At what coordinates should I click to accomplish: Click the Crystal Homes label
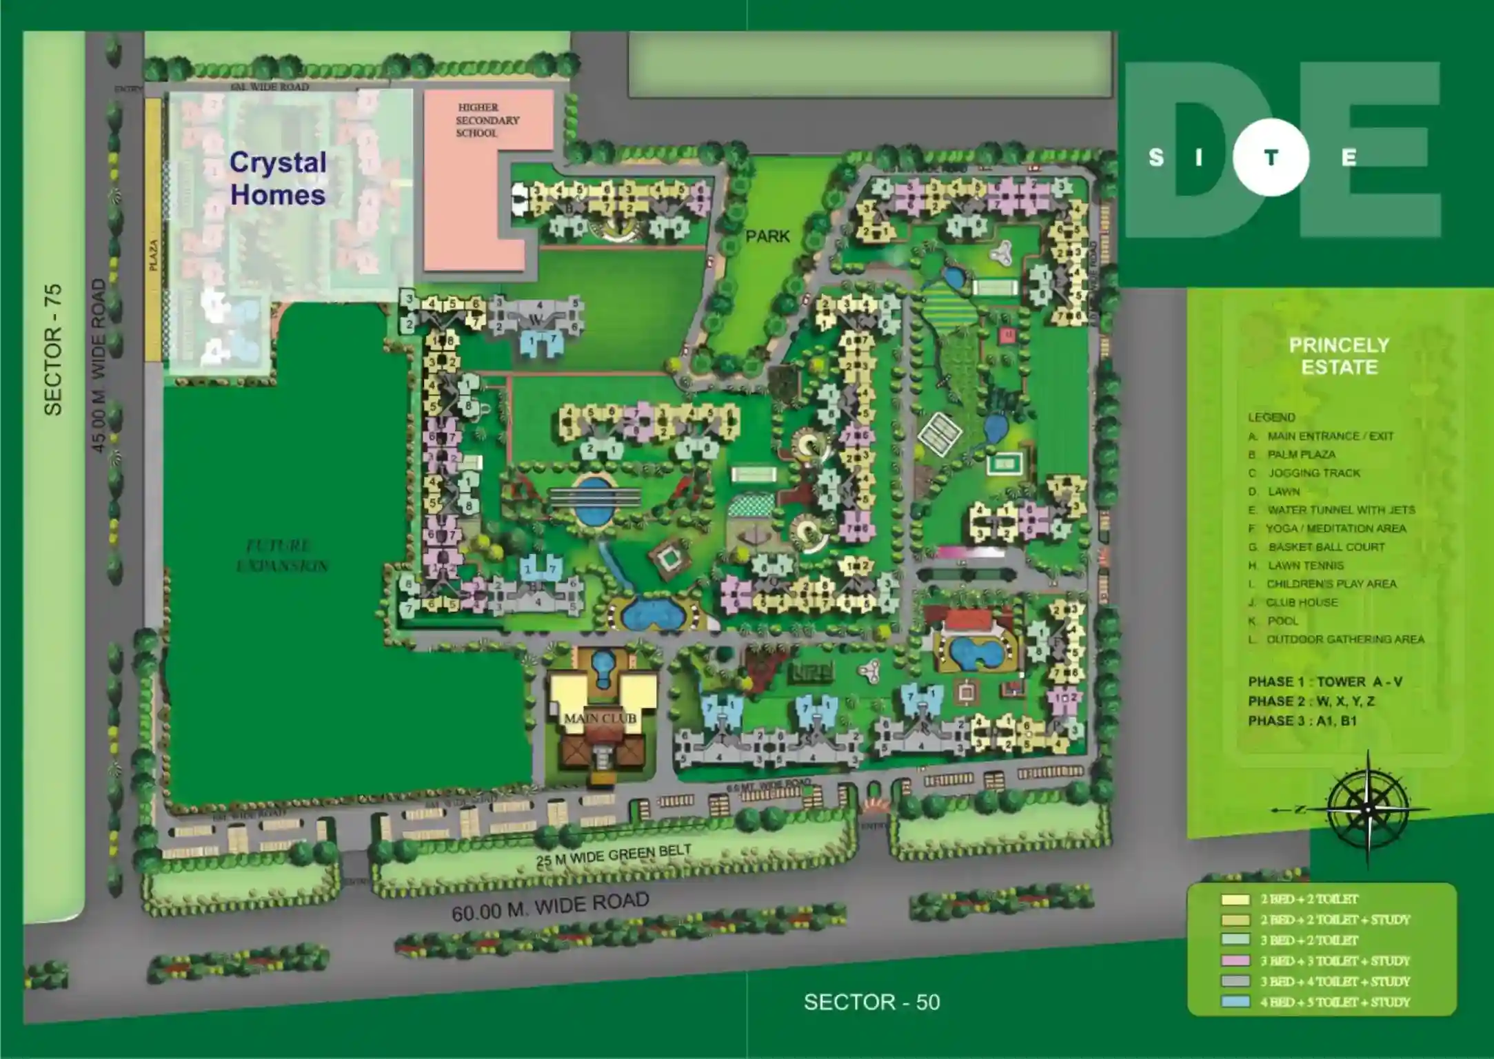(x=278, y=178)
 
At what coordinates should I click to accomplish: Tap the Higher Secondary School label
(x=487, y=120)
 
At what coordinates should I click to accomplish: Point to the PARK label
(x=767, y=236)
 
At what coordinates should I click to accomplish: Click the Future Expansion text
(x=282, y=556)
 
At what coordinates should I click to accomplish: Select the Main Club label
(x=600, y=718)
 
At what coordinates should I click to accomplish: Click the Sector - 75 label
(x=53, y=349)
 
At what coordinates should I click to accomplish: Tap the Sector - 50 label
(x=871, y=1002)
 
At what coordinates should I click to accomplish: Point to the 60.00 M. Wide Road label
(x=550, y=906)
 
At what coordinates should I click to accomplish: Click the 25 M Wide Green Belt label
(x=614, y=855)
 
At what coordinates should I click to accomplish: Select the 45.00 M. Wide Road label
(x=99, y=365)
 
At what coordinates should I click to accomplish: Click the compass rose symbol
(x=1368, y=808)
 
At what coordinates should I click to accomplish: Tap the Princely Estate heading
(x=1339, y=356)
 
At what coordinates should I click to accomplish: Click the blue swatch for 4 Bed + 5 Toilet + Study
(x=1235, y=1002)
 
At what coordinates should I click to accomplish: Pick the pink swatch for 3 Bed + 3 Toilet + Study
(x=1235, y=960)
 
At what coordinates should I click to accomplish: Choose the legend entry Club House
(x=1301, y=602)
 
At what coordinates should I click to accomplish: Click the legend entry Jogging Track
(x=1313, y=473)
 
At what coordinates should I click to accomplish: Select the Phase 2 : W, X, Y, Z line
(x=1311, y=701)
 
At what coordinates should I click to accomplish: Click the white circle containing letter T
(x=1270, y=158)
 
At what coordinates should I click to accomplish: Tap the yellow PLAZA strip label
(x=153, y=255)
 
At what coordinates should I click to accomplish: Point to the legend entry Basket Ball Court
(x=1325, y=546)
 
